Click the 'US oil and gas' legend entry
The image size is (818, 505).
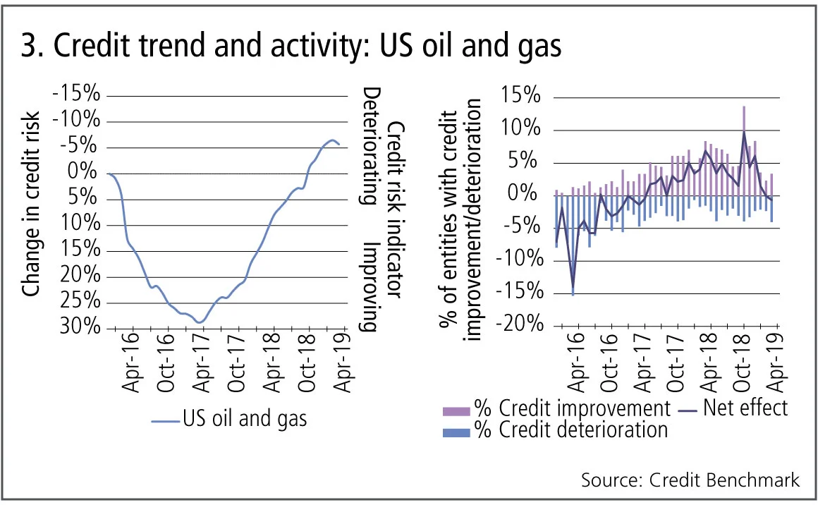coord(244,418)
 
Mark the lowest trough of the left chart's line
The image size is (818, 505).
coord(200,322)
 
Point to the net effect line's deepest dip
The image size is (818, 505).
coord(573,293)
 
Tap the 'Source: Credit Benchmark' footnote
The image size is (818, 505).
coord(690,480)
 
